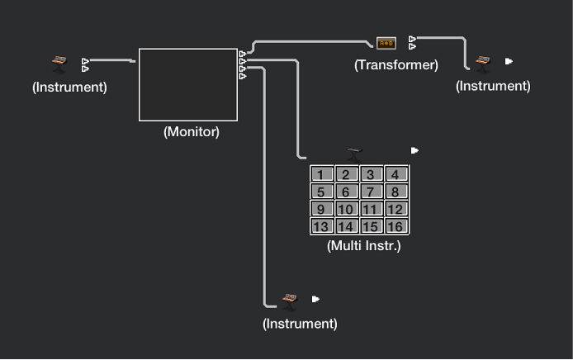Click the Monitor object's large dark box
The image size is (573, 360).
coord(188,85)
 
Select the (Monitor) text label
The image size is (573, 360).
coord(192,131)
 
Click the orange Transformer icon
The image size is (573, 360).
coord(386,43)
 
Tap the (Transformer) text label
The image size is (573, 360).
coord(396,64)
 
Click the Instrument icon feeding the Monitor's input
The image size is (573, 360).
coord(59,64)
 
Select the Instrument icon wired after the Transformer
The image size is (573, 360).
coord(483,62)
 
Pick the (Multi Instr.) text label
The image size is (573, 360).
coord(364,245)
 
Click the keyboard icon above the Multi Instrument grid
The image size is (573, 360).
coord(355,152)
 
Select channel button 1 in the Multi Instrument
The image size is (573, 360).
coord(322,174)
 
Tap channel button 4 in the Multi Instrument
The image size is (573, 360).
coord(396,174)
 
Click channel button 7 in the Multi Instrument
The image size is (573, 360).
coord(372,192)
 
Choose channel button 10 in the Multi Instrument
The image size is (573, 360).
coord(347,209)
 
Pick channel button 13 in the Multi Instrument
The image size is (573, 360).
coord(322,226)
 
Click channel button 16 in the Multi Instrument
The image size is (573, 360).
coord(396,226)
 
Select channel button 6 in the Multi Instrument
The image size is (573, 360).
coord(347,192)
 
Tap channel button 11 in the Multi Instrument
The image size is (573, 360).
coord(372,209)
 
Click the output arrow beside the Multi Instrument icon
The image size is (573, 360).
coord(414,151)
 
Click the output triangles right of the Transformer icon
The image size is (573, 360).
coord(412,42)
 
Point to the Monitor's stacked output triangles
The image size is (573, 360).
coord(242,65)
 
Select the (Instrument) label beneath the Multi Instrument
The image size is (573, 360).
coord(300,324)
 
